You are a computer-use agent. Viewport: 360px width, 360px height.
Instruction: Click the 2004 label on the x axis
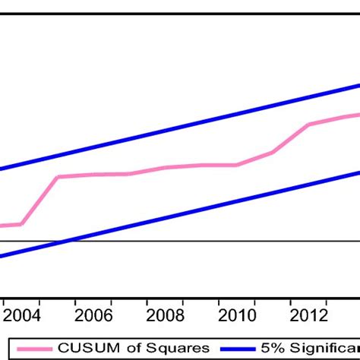pos(17,315)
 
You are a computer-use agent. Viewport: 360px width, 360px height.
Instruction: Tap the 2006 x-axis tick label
pos(93,315)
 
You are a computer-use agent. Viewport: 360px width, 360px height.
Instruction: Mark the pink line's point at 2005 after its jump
pos(58,177)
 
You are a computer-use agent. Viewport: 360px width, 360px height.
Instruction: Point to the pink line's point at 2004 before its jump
pos(21,224)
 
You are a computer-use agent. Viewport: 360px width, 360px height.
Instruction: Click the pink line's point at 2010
pos(238,165)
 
